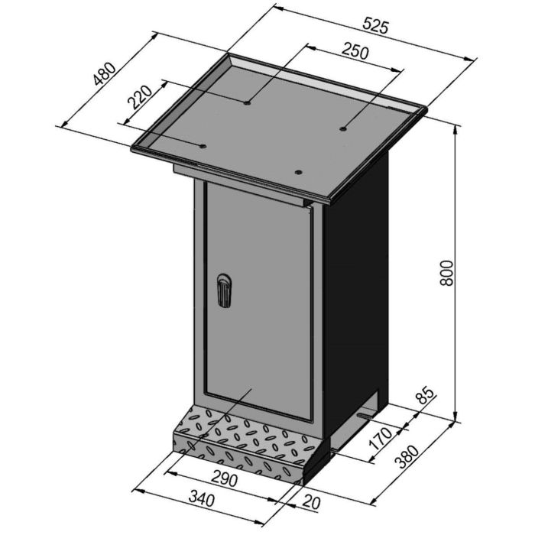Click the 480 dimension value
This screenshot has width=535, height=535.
coord(105,75)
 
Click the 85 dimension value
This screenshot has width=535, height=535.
coord(426,397)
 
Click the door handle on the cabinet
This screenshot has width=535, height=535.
coord(222,290)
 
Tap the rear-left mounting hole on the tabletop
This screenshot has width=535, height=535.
coord(247,102)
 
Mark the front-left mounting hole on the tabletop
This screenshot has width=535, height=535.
coord(203,145)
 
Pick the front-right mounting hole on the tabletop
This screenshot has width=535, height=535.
coord(300,173)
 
